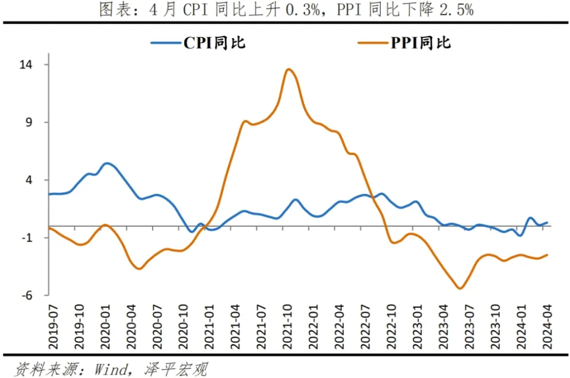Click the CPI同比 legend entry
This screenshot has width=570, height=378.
coord(198,43)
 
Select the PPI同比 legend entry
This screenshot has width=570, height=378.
coord(404,43)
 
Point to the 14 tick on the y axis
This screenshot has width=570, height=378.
coord(26,65)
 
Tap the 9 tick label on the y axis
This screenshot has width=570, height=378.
coord(28,122)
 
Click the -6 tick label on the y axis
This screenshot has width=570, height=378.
coord(27,295)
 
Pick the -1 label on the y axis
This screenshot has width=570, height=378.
coord(27,238)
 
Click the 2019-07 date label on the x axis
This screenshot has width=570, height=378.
coord(53,327)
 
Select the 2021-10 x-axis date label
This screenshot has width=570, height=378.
coord(287,327)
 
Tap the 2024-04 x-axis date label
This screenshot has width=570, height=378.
coord(547,327)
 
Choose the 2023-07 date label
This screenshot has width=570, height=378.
coord(469,327)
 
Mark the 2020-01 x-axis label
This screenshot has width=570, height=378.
coord(106,327)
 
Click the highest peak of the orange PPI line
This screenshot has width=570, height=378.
coord(289,69)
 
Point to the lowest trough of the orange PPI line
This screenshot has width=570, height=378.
coord(460,288)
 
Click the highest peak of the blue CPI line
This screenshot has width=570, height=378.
coord(106,164)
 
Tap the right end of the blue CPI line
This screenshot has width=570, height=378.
coord(547,223)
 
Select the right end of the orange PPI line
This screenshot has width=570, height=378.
coord(547,255)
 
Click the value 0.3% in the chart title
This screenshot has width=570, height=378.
coord(302,10)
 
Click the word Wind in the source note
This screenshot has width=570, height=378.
coord(111,369)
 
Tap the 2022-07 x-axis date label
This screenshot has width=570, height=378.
coord(365,327)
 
